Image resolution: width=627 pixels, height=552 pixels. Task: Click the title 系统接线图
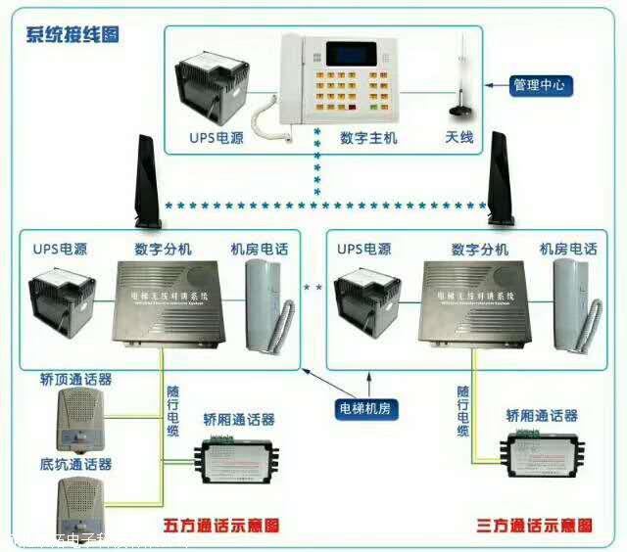(x=72, y=35)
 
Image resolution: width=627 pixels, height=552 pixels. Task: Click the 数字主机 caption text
(x=368, y=138)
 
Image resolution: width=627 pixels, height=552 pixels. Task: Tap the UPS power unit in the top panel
(x=214, y=88)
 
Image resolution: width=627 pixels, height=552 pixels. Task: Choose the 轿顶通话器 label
(x=75, y=379)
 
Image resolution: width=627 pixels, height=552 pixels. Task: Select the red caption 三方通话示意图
(x=533, y=527)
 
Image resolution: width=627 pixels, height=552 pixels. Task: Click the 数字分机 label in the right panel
(x=480, y=250)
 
